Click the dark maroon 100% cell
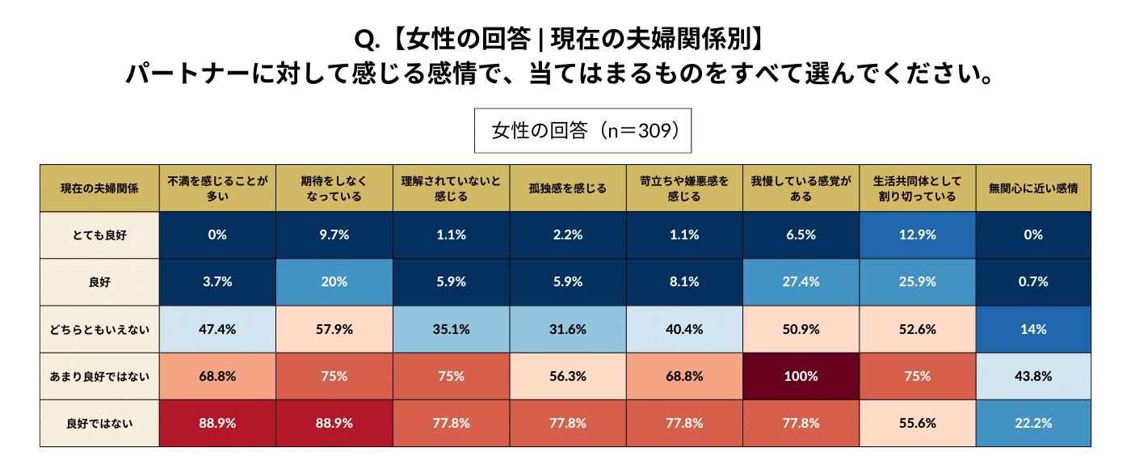coord(800,376)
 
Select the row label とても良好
coord(99,235)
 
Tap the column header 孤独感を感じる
coord(567,188)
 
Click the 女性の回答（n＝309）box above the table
coord(582,131)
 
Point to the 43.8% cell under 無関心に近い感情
coord(1032,376)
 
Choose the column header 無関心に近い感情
coord(1032,188)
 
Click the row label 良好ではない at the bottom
coord(99,423)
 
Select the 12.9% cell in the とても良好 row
coord(916,235)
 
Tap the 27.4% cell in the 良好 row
coord(800,282)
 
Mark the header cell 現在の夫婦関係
coord(99,188)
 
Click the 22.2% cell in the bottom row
coord(1032,423)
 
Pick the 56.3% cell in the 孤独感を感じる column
coord(567,376)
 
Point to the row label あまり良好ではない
coord(99,376)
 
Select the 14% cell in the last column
coord(1032,329)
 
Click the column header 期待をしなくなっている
coord(334,188)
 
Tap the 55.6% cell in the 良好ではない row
coord(916,423)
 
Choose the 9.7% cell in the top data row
coord(334,235)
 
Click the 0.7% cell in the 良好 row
coord(1032,282)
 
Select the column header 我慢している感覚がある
coord(800,188)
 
